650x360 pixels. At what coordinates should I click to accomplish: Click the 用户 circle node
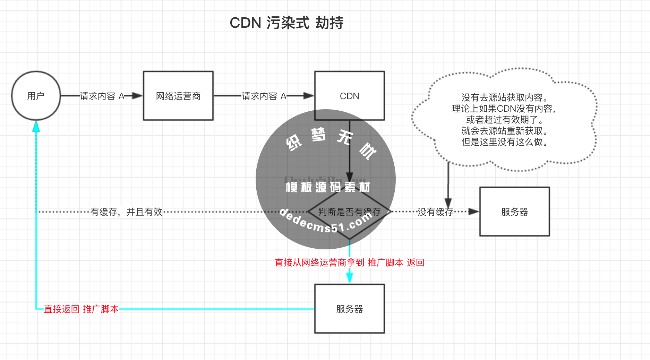pyautogui.click(x=36, y=96)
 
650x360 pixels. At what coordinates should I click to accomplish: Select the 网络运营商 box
pyautogui.click(x=178, y=96)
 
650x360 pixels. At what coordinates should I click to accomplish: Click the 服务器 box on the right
pyautogui.click(x=514, y=212)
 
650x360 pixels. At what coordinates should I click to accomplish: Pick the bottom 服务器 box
pyautogui.click(x=349, y=309)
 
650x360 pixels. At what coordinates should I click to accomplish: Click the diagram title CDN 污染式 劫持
pyautogui.click(x=286, y=23)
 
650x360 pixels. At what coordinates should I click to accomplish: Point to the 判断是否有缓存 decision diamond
pyautogui.click(x=349, y=211)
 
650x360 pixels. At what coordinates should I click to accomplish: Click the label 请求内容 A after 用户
pyautogui.click(x=102, y=96)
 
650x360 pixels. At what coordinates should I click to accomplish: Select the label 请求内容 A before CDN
pyautogui.click(x=264, y=96)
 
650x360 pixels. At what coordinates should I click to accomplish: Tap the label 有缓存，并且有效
pyautogui.click(x=126, y=212)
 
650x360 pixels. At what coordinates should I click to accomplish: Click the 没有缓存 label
pyautogui.click(x=435, y=212)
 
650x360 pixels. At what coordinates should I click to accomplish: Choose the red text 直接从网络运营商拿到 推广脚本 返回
pyautogui.click(x=349, y=263)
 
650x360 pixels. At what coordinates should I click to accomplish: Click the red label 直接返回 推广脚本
pyautogui.click(x=81, y=309)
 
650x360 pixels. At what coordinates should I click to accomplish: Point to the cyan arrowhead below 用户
pyautogui.click(x=36, y=126)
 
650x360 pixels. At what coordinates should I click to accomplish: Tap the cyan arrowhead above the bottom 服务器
pyautogui.click(x=350, y=277)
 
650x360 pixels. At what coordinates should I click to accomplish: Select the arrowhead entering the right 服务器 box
pyautogui.click(x=473, y=212)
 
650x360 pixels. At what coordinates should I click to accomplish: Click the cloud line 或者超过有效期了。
pyautogui.click(x=505, y=120)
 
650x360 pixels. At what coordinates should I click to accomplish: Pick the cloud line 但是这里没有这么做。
pyautogui.click(x=505, y=142)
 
